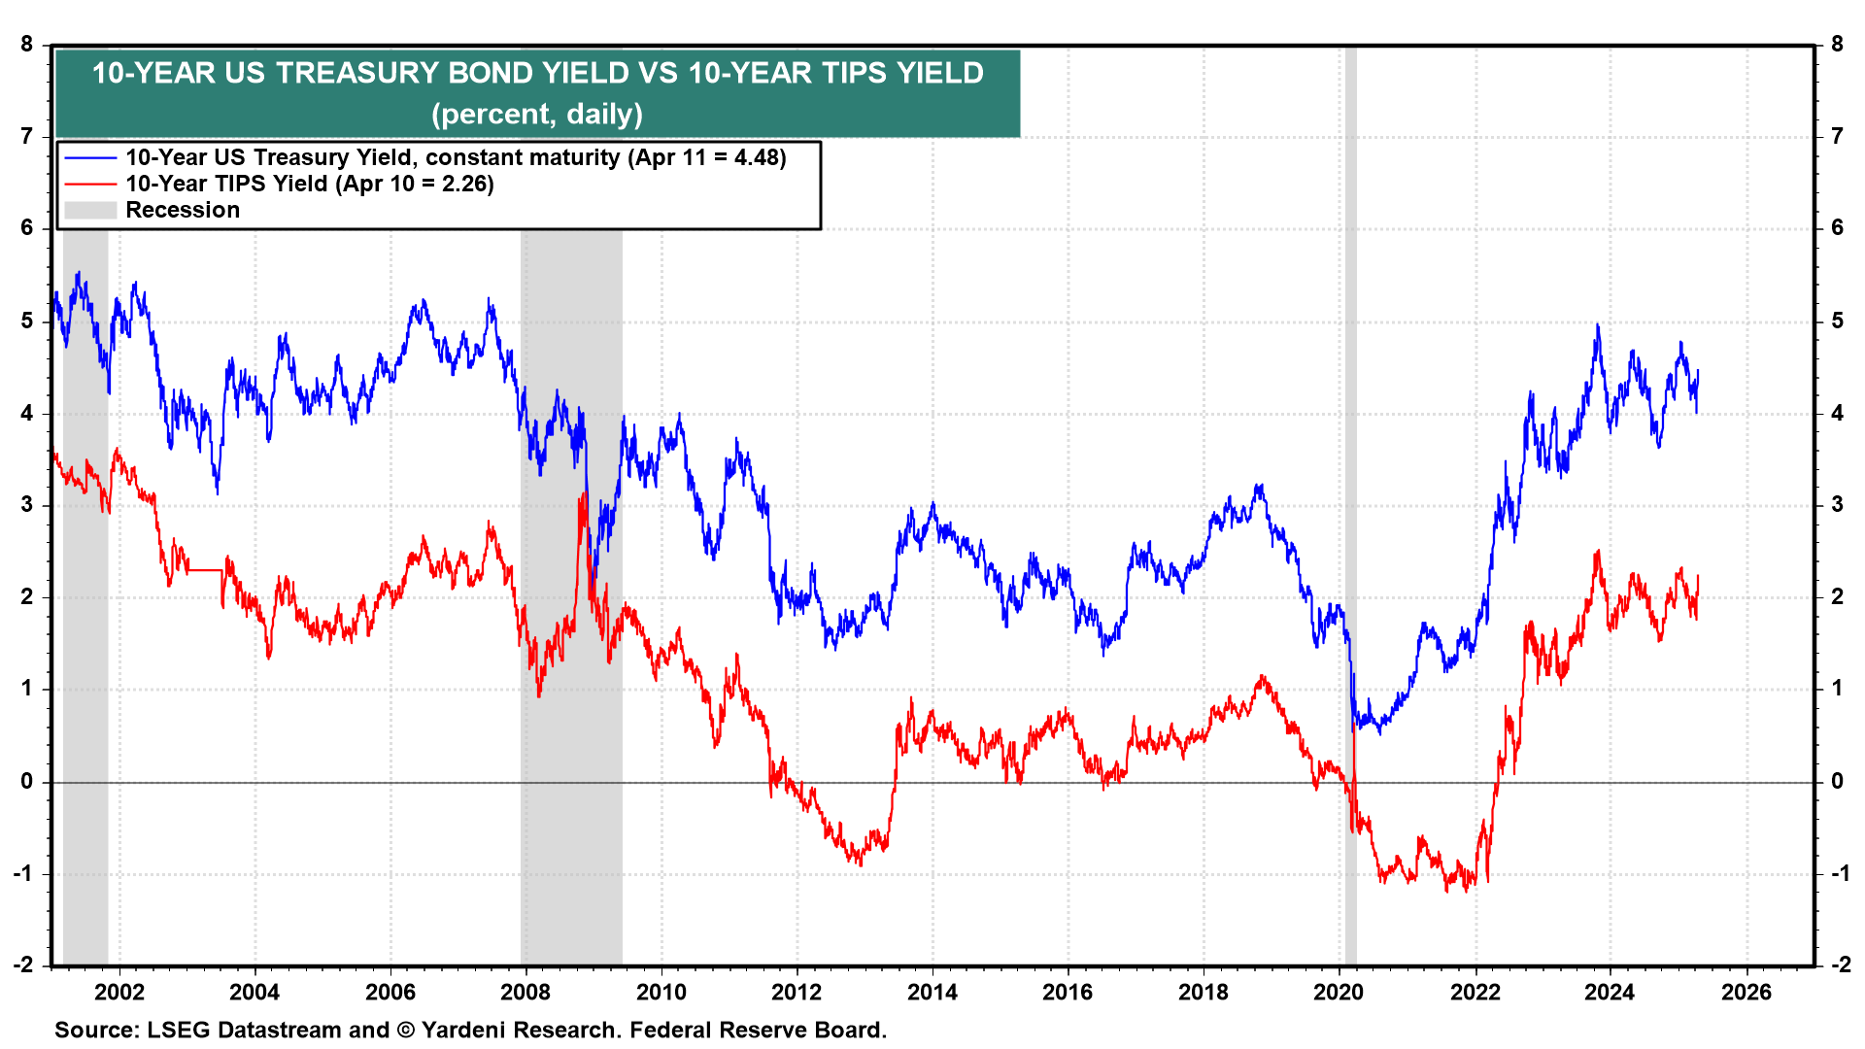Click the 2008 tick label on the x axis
click(526, 993)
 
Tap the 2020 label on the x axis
click(1339, 993)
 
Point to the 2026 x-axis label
click(1746, 993)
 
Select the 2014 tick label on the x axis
click(932, 993)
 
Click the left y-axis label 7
click(27, 137)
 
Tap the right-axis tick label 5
click(1837, 321)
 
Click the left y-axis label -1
click(23, 873)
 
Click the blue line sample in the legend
click(90, 158)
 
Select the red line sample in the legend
click(90, 185)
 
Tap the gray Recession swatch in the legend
click(90, 211)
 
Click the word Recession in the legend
click(183, 211)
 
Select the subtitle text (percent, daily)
click(537, 115)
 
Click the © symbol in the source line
click(405, 1031)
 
